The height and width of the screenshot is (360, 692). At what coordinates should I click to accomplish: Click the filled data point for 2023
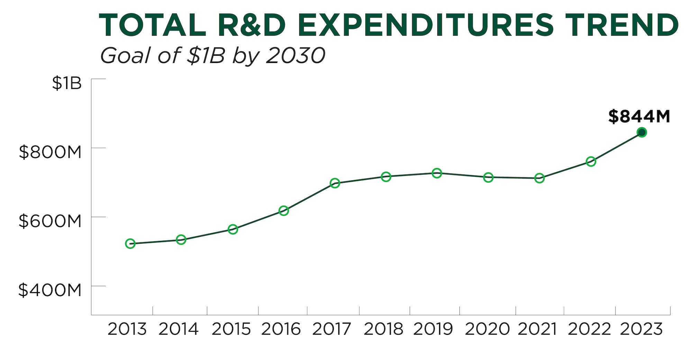point(642,132)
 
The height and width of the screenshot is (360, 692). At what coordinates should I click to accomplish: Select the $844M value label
point(639,116)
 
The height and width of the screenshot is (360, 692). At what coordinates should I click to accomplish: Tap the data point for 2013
point(130,244)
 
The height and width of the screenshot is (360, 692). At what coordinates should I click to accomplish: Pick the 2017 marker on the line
point(335,183)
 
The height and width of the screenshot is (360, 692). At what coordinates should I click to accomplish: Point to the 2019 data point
point(437,173)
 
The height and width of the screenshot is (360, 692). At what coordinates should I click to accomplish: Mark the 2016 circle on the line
point(284,210)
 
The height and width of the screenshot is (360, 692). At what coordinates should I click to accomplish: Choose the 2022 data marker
point(591,161)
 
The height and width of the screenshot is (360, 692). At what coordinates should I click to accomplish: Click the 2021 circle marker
point(539,178)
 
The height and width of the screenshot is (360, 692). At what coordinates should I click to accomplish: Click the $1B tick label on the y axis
point(67,83)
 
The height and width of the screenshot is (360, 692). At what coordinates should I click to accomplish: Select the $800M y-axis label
point(50,152)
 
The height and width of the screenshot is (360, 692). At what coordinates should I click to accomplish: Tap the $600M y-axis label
point(50,221)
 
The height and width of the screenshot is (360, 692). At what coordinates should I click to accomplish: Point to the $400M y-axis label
point(50,290)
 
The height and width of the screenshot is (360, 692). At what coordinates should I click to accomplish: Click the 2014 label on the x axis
point(179,329)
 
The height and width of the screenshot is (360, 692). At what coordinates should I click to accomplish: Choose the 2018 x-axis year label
point(383,329)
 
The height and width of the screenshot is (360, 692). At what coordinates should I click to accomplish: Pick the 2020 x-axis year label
point(487,329)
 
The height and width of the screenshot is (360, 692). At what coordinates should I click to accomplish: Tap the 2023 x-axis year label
point(641,329)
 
